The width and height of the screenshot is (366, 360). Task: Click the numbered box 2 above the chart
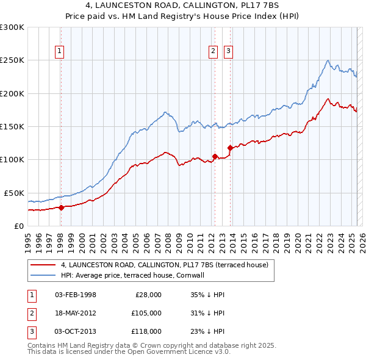point(213,51)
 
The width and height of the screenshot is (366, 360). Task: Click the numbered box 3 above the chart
point(229,51)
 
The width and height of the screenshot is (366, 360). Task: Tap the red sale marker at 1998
point(61,207)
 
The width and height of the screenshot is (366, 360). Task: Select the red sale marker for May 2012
point(215,156)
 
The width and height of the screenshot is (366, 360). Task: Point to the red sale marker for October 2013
point(230,148)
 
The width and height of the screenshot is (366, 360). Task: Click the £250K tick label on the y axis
point(12,60)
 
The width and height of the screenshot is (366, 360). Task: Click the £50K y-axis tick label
point(15,193)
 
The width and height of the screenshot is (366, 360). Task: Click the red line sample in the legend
point(43,265)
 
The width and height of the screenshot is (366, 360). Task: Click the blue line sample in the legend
point(43,275)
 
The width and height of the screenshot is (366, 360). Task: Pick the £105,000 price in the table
point(147,313)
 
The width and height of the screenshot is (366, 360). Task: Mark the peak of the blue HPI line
point(328,60)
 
